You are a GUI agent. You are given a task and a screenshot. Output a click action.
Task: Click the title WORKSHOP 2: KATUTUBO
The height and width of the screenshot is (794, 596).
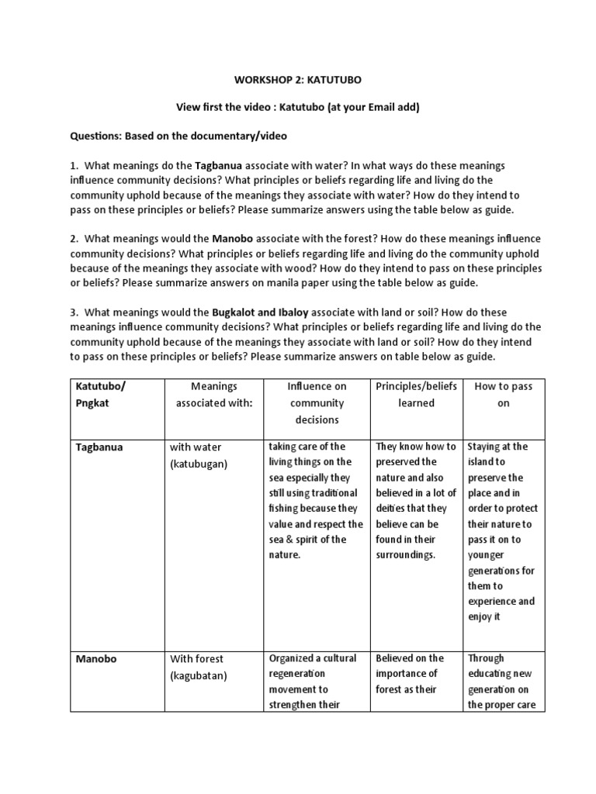(x=298, y=79)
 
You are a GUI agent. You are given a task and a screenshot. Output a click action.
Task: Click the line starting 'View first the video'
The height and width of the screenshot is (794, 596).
(x=298, y=108)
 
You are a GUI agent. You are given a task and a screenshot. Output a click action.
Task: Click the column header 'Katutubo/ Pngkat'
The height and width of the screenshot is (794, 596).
(x=102, y=395)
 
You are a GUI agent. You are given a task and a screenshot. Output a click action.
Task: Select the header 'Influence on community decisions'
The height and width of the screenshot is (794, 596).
(x=317, y=403)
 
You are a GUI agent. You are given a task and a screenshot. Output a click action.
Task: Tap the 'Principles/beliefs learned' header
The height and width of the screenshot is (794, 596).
(x=416, y=395)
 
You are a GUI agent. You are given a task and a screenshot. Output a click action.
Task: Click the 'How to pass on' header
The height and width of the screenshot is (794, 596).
(x=504, y=395)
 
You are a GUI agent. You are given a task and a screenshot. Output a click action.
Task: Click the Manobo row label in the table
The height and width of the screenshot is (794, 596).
(x=96, y=659)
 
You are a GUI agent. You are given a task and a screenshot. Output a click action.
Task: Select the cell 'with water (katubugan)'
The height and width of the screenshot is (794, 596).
(x=199, y=455)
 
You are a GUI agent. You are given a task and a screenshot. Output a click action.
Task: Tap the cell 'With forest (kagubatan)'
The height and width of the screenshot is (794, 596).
(x=199, y=667)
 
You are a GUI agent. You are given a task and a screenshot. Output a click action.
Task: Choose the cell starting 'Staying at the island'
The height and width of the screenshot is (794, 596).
(x=503, y=531)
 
